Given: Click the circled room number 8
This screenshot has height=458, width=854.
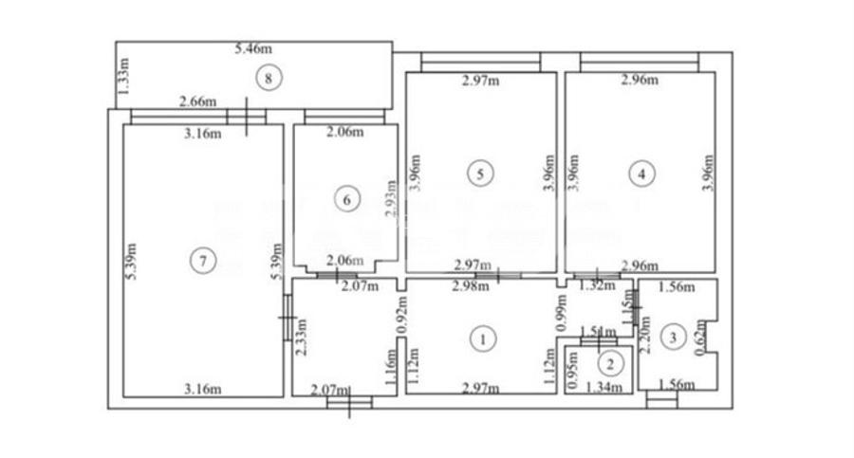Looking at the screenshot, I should click(x=269, y=78).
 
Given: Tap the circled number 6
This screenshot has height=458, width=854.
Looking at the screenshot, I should click(x=348, y=199).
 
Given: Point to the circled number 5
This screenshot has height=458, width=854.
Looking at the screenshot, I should click(x=481, y=173).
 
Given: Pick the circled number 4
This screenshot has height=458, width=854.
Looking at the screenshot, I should click(x=642, y=173).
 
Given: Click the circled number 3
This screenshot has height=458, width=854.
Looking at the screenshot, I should click(x=674, y=335).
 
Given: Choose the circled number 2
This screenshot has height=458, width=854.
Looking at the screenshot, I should click(x=611, y=360).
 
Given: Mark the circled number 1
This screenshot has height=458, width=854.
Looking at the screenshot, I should click(x=484, y=338).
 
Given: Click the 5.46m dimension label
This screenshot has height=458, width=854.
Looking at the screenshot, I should click(x=253, y=47).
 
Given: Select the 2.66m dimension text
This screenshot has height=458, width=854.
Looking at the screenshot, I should click(x=197, y=101).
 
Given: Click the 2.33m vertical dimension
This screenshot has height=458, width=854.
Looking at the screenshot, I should click(x=301, y=336).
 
